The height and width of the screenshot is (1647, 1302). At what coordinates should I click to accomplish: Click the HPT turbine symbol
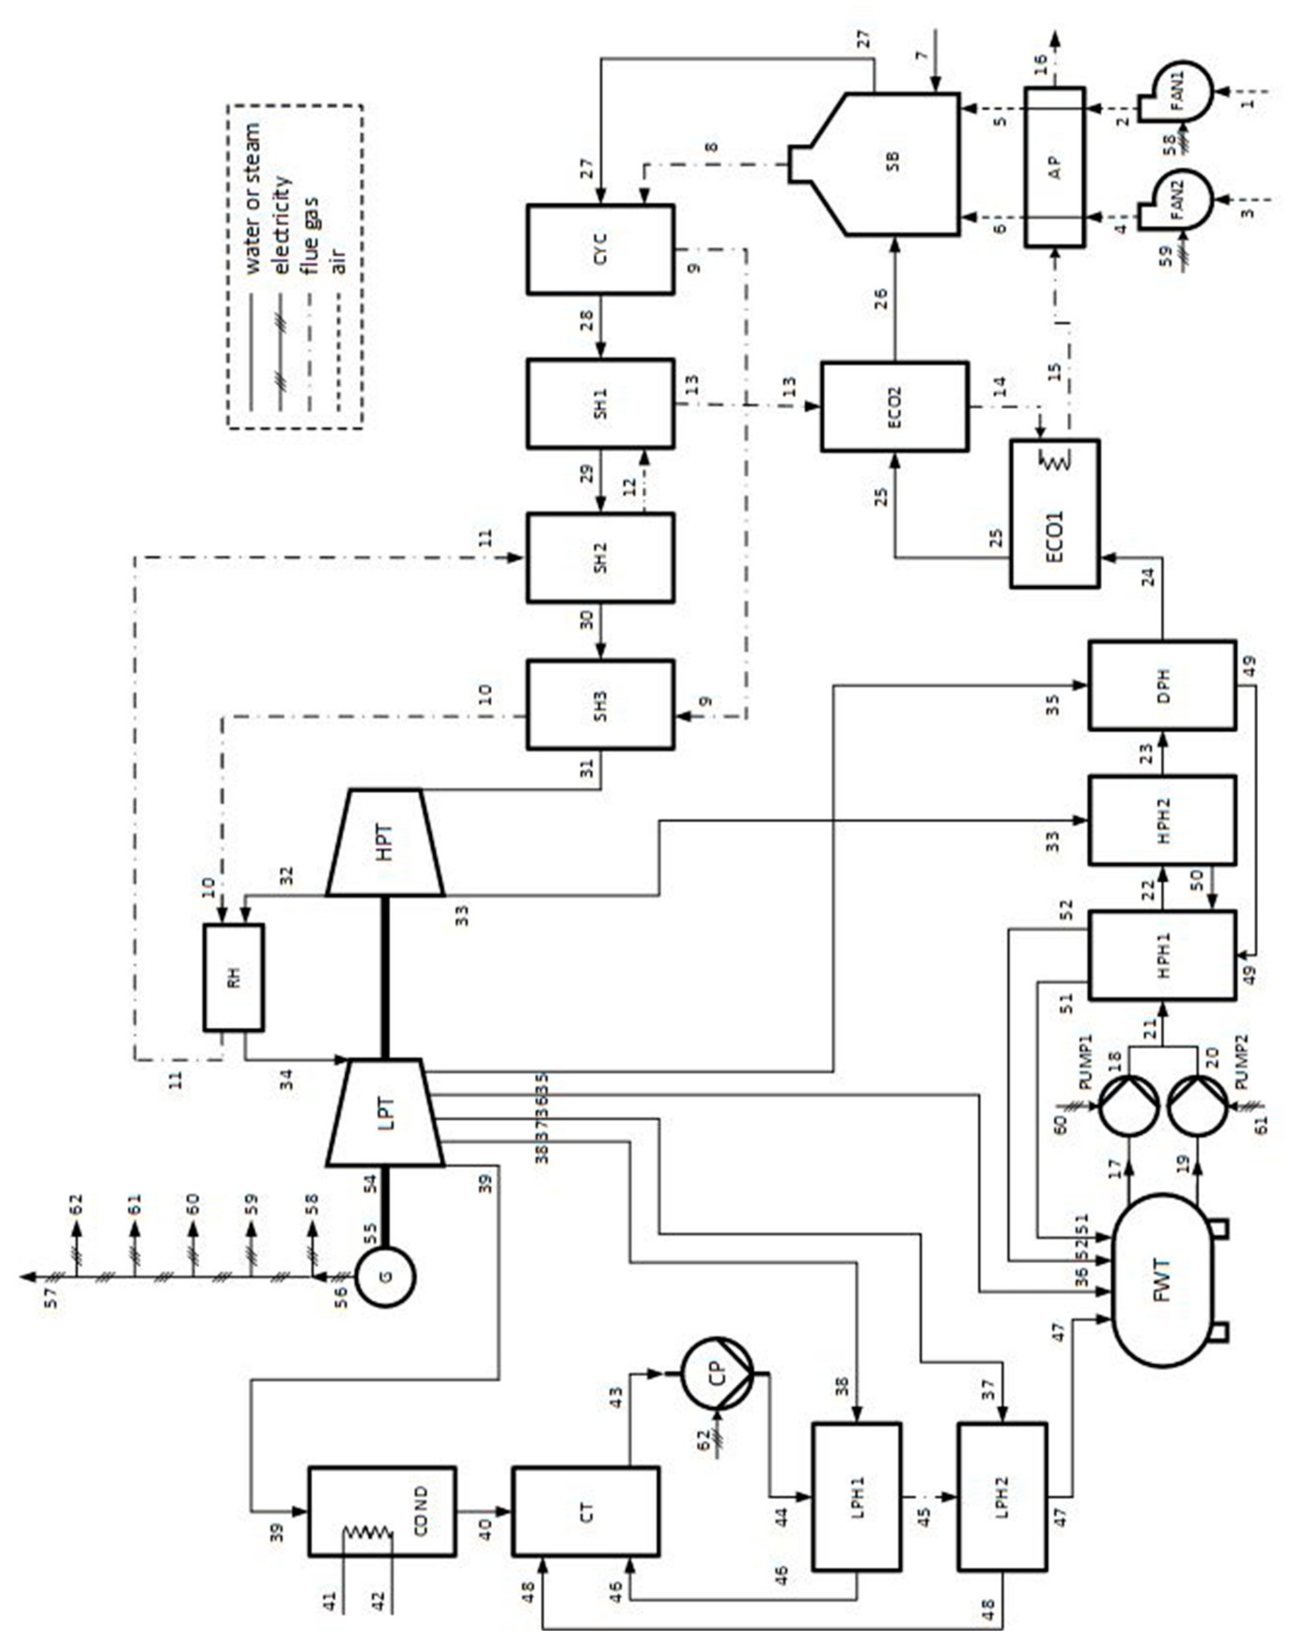coord(386,842)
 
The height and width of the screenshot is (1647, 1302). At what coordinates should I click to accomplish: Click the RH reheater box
coord(234,977)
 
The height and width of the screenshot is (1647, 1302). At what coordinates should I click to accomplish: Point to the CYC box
coord(600,248)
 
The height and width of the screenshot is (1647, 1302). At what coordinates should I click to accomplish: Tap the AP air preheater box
coord(1054,167)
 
